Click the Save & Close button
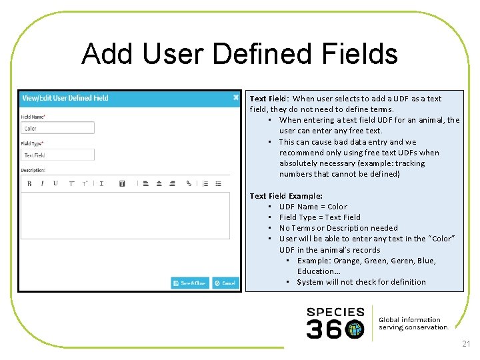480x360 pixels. pyautogui.click(x=190, y=283)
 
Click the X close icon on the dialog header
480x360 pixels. pyautogui.click(x=235, y=97)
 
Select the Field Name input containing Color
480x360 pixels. pyautogui.click(x=57, y=128)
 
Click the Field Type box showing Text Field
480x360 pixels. pyautogui.click(x=57, y=155)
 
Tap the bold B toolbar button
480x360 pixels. pyautogui.click(x=29, y=183)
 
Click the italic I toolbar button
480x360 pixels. pyautogui.click(x=42, y=183)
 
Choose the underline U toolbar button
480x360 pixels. pyautogui.click(x=55, y=183)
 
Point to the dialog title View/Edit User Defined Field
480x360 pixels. pyautogui.click(x=65, y=98)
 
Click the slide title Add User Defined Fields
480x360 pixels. pyautogui.click(x=239, y=54)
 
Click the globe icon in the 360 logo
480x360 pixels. pyautogui.click(x=355, y=329)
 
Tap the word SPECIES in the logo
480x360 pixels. pyautogui.click(x=335, y=312)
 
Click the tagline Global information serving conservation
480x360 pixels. pyautogui.click(x=413, y=323)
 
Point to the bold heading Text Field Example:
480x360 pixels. pyautogui.click(x=286, y=196)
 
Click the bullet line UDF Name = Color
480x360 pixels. pyautogui.click(x=313, y=207)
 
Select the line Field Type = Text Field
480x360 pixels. pyautogui.click(x=319, y=217)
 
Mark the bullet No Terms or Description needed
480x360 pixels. pyautogui.click(x=338, y=228)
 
